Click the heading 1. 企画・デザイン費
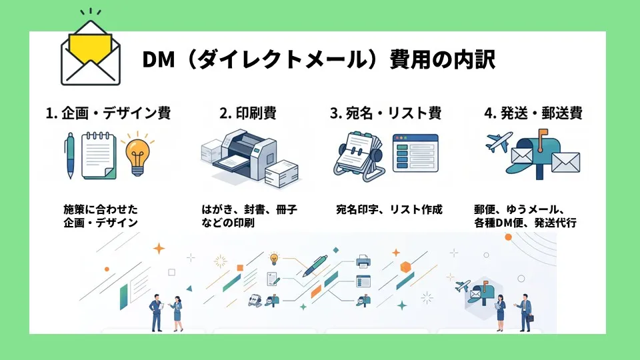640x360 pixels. (108, 113)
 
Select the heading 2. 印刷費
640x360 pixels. (248, 113)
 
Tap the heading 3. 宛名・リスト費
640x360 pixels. (386, 113)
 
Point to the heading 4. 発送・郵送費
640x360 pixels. (533, 113)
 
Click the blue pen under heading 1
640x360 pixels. (70, 155)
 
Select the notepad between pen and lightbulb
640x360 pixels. (99, 155)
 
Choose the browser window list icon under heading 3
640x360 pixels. (415, 153)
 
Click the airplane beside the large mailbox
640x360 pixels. (499, 141)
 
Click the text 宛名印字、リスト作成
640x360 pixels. (389, 209)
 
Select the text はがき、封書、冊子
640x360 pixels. (249, 209)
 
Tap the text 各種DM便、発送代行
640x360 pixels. (525, 223)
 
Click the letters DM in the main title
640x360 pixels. (159, 59)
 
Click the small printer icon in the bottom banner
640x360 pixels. (363, 261)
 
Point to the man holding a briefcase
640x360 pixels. (525, 312)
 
